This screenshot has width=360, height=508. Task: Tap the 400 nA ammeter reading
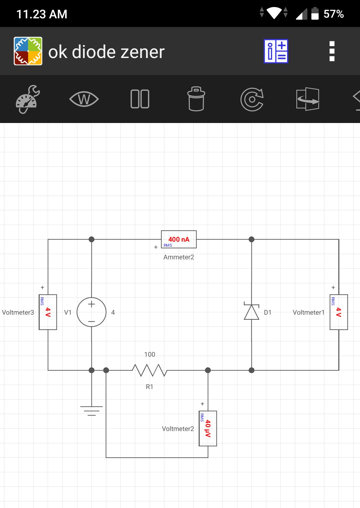coord(179,239)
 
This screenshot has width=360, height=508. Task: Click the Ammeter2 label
coord(179,257)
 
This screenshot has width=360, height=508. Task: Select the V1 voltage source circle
coord(91,312)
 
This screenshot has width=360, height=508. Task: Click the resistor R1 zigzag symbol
coord(150,370)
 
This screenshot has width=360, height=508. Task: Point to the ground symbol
coord(91,411)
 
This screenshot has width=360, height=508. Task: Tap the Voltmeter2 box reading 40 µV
coord(208,428)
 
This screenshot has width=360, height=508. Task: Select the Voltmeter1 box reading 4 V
coord(339,312)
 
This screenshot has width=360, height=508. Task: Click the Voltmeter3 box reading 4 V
coord(48,312)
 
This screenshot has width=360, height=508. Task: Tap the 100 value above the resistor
coord(150,354)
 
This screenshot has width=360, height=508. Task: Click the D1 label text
coord(268,313)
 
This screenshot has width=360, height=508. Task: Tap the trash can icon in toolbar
coord(196,99)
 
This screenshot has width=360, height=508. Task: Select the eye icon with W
coord(84,99)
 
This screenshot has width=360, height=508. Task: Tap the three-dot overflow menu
coord(332,51)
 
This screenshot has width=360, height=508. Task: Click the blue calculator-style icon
coord(276,51)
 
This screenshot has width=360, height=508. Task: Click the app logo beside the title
coord(28,51)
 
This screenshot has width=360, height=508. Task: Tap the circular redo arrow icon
coord(252,99)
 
